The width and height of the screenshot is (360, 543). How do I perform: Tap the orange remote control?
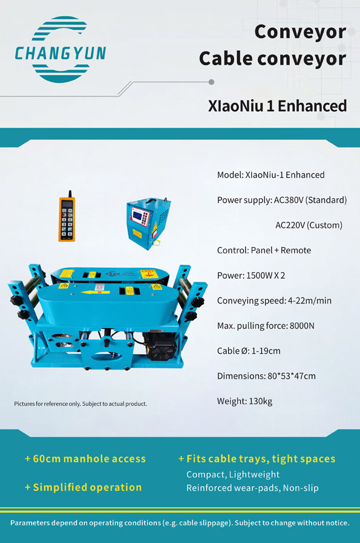[67, 219]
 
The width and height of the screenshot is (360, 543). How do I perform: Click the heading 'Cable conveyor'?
[272, 58]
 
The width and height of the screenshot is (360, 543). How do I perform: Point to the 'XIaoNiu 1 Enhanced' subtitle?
[277, 106]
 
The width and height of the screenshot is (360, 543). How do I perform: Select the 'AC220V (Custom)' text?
[309, 225]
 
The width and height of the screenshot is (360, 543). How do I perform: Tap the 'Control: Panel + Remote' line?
[264, 250]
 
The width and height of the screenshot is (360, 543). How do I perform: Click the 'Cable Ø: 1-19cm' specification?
[249, 351]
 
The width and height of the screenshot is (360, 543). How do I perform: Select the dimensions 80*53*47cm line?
[266, 376]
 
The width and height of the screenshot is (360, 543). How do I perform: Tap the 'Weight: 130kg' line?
[245, 401]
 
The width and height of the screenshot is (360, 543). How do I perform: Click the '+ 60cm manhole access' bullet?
[85, 459]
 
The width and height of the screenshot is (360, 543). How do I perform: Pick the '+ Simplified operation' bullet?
[83, 487]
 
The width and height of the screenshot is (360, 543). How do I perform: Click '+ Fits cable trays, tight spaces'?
[257, 459]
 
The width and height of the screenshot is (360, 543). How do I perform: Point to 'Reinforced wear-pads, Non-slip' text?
[252, 488]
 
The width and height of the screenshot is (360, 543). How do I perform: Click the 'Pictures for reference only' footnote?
[80, 403]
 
